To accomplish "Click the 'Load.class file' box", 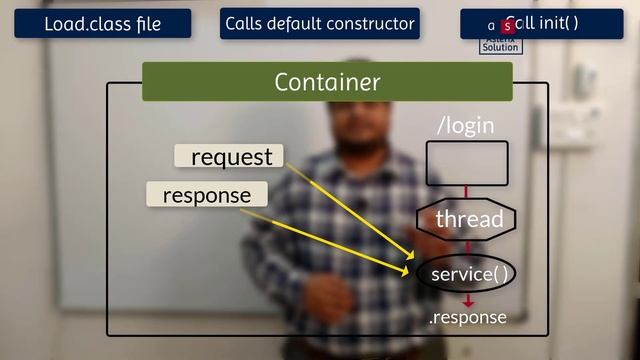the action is (x=103, y=24).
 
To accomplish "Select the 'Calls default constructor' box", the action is (x=320, y=24).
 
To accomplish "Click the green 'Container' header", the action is (x=327, y=82).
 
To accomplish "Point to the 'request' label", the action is (x=230, y=157).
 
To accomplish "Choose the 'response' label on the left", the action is (x=207, y=195).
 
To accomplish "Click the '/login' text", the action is (x=466, y=126).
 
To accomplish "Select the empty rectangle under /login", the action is (x=467, y=163).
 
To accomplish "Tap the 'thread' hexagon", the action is (x=467, y=219).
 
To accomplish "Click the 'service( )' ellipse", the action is (x=466, y=274).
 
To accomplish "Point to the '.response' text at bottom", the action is (x=467, y=317).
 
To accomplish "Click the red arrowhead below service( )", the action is (x=467, y=300).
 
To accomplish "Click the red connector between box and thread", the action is (x=467, y=193).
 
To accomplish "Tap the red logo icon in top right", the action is (x=506, y=25).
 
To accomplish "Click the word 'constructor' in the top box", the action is (x=370, y=24).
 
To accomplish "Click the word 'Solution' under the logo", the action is (x=500, y=47).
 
